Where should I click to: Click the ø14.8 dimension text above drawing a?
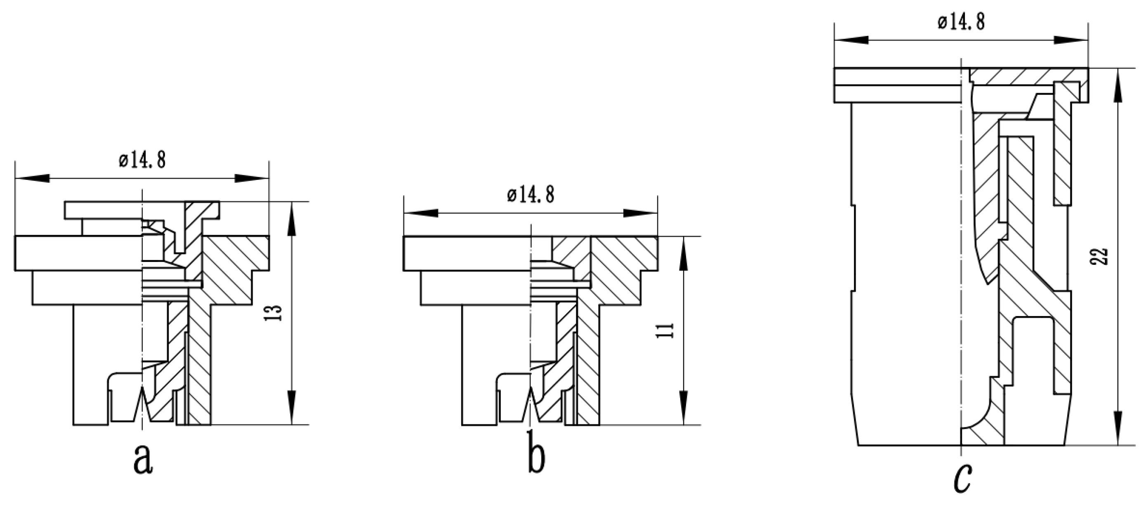click(142, 160)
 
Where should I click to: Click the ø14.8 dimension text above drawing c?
click(961, 21)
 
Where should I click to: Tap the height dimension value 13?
click(276, 313)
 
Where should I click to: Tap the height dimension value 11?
click(666, 330)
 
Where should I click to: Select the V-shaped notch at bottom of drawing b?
click(531, 403)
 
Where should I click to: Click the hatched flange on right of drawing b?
click(623, 267)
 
